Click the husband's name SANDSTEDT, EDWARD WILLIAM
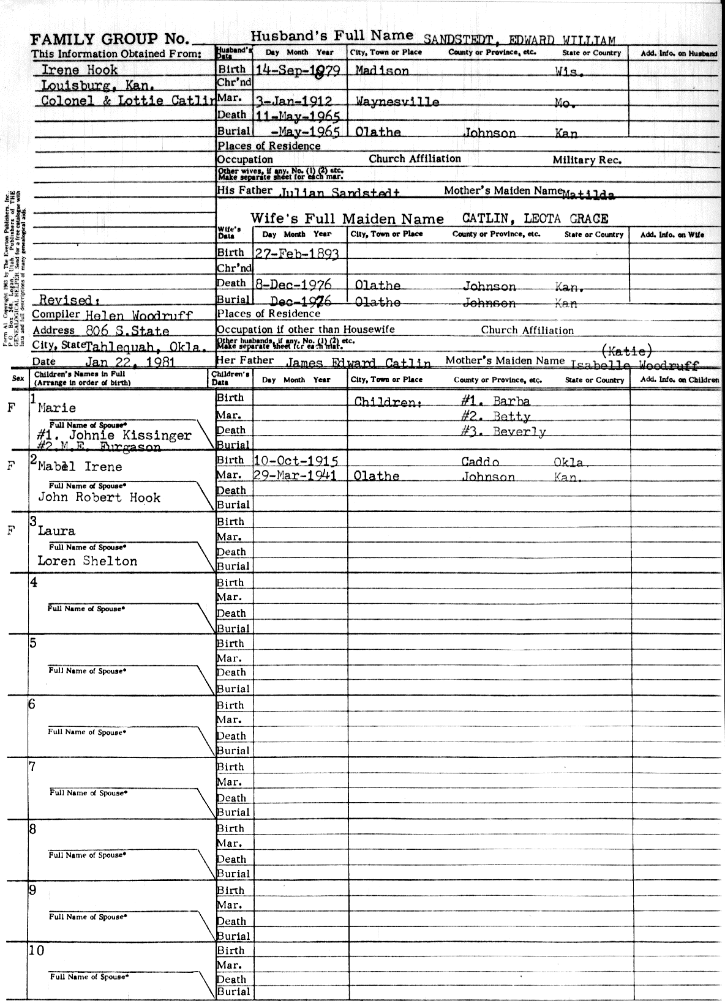point(519,40)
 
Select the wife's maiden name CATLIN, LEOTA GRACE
point(535,219)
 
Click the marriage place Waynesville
point(397,102)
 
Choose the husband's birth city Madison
point(382,70)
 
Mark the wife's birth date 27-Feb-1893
point(296,253)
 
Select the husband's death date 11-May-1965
point(296,116)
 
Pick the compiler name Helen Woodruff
point(138,316)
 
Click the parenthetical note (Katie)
point(627,351)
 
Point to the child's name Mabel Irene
point(80,467)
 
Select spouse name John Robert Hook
point(99,497)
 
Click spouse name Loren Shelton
point(88,561)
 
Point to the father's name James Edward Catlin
point(358,363)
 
